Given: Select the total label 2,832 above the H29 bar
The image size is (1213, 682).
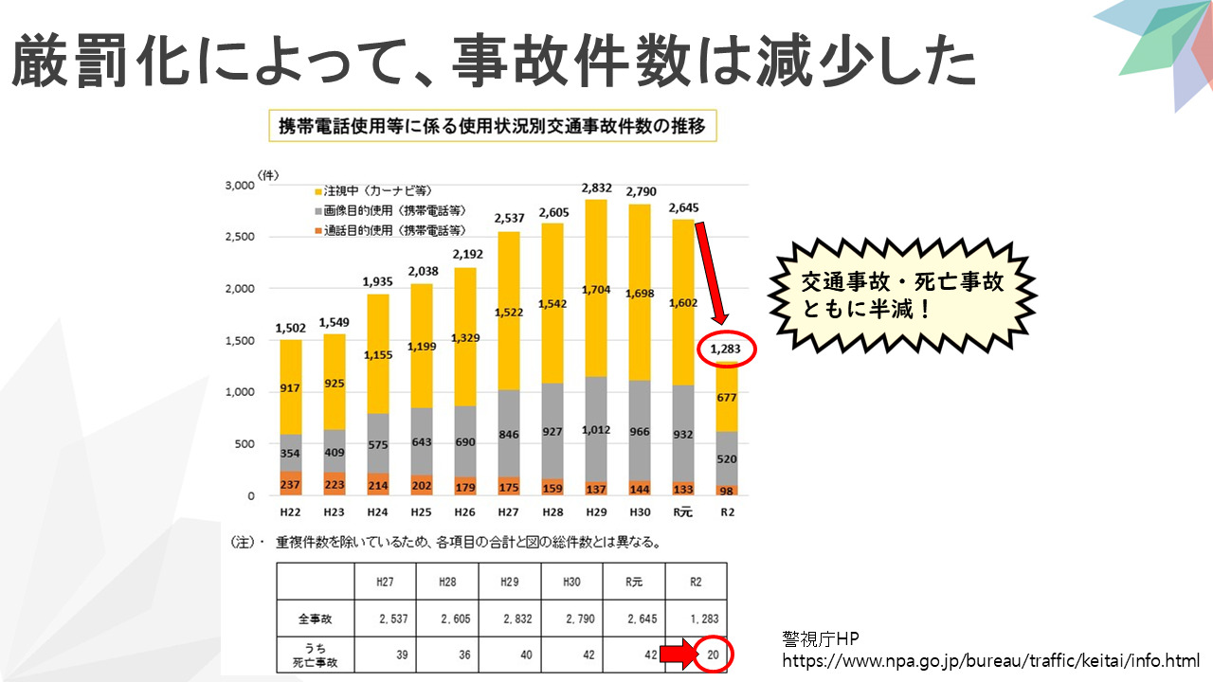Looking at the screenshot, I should click(x=596, y=188).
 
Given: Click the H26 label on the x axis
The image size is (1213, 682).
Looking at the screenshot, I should click(x=465, y=512).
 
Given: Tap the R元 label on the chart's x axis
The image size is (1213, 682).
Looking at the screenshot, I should click(x=682, y=512).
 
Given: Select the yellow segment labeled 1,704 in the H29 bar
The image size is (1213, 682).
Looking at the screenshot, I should click(x=596, y=289).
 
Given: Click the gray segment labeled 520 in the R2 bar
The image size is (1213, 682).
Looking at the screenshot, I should click(x=727, y=458).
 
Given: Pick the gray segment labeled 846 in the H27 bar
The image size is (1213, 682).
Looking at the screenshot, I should click(x=508, y=435).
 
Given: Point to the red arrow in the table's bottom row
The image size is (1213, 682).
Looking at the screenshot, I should click(x=676, y=654).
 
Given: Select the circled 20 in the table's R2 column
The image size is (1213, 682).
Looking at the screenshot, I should click(x=713, y=654).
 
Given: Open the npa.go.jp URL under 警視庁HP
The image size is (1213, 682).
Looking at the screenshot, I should click(x=990, y=659).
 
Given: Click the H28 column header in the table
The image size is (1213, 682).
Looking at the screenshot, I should click(x=448, y=581).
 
